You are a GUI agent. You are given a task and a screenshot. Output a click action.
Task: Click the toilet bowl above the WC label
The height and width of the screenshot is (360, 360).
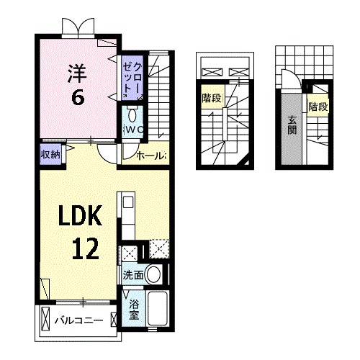click(x=132, y=115)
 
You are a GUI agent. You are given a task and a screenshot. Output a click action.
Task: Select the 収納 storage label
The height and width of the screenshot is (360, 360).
click(x=49, y=153)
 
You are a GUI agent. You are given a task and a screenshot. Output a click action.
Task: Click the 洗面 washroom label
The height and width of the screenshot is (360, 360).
click(x=132, y=274)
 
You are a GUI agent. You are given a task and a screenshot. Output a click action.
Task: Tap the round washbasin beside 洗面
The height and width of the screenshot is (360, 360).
click(x=153, y=274)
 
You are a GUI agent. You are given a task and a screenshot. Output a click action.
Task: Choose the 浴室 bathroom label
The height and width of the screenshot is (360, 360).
click(x=134, y=309)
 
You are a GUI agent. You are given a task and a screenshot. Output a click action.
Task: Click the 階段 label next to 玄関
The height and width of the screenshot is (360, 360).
click(x=318, y=107)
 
